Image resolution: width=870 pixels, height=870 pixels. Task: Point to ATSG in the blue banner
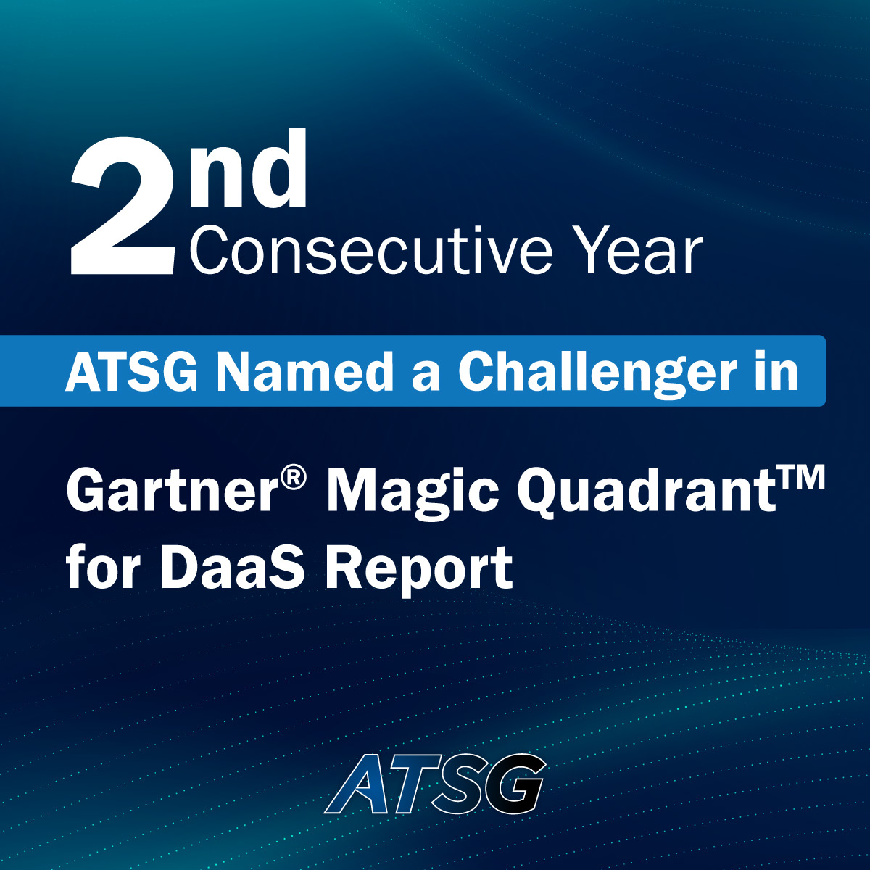131,372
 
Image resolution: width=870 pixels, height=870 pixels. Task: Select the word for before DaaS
104,568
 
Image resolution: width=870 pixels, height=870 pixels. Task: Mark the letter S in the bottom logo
461,784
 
